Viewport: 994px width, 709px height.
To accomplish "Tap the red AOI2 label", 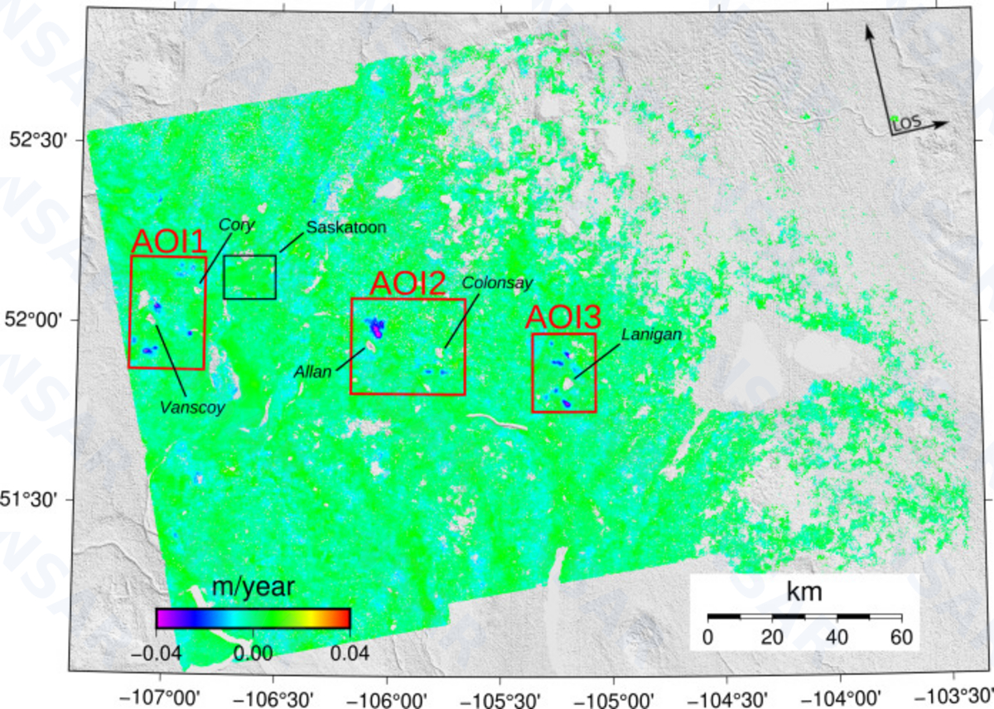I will (408, 284).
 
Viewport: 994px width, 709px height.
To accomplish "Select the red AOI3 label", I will (563, 319).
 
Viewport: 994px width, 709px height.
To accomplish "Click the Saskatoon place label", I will (346, 227).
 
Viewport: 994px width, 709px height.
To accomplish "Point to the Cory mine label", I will (237, 224).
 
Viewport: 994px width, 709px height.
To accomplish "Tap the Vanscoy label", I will (192, 407).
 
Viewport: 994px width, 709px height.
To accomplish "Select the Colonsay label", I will (497, 282).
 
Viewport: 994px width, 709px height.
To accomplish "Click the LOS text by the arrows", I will (907, 125).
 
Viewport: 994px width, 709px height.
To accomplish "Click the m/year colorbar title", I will (253, 587).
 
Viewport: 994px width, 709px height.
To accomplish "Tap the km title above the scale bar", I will (804, 593).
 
